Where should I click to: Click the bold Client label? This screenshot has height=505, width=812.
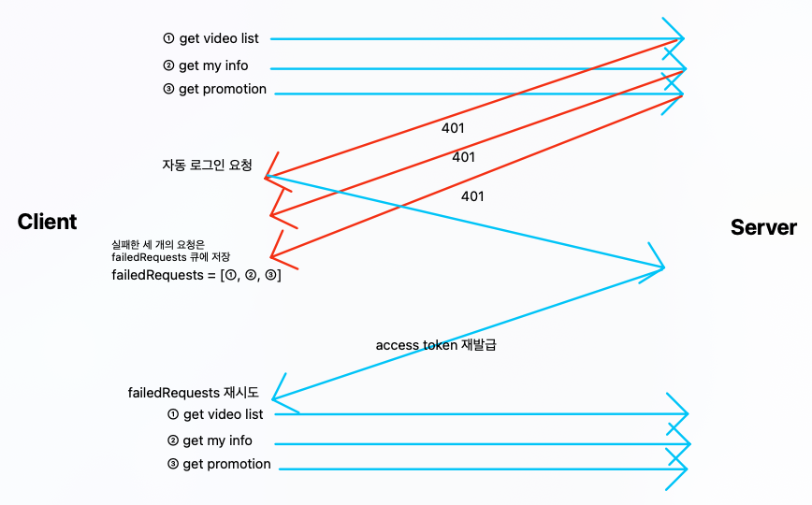(47, 222)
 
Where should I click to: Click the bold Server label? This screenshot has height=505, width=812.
(763, 227)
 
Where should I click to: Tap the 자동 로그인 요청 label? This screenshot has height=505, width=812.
(207, 165)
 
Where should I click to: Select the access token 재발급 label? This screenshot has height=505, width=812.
(435, 345)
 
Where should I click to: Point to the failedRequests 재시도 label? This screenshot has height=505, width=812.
(193, 393)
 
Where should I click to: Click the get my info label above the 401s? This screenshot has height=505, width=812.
(213, 66)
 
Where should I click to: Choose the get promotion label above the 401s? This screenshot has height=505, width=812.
(223, 90)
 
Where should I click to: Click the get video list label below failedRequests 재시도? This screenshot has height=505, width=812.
(223, 414)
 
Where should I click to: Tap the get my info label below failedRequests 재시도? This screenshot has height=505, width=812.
(217, 441)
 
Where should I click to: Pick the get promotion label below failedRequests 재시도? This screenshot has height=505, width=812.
(226, 465)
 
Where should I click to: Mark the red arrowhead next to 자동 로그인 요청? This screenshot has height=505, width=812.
(269, 174)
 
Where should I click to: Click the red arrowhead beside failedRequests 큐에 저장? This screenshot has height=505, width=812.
(273, 255)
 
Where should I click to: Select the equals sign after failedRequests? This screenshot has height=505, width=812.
(209, 275)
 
